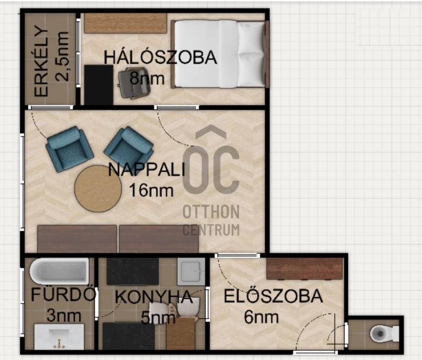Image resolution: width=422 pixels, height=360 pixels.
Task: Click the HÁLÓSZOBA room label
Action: click(160, 57)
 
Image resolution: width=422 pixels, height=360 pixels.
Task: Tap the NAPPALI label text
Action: click(147, 170)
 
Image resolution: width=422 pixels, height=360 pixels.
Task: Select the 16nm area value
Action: click(151, 190)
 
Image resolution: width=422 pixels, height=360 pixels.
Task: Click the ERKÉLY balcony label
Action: click(41, 61)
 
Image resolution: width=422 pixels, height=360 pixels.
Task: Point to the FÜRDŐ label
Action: click(63, 294)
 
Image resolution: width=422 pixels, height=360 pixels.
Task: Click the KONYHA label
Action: click(154, 297)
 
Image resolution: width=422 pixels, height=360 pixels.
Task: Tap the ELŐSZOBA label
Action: click(273, 296)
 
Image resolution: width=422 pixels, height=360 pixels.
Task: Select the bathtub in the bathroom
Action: click(59, 271)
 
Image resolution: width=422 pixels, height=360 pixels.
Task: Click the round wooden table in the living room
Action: click(98, 189)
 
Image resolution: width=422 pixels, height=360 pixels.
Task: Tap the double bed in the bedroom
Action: click(220, 54)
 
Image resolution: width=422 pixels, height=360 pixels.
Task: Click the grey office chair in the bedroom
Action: click(134, 83)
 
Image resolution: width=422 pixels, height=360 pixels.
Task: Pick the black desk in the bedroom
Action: click(99, 85)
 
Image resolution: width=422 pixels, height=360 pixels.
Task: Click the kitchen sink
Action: click(191, 271)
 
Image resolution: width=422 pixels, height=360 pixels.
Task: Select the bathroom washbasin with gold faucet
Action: click(59, 337)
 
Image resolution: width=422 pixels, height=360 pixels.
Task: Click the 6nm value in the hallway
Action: click(261, 317)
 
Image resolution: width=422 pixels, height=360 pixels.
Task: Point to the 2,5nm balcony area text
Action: click(62, 56)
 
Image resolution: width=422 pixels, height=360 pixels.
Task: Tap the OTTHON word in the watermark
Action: click(211, 211)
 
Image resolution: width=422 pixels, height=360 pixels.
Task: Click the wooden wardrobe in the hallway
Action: click(305, 269)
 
